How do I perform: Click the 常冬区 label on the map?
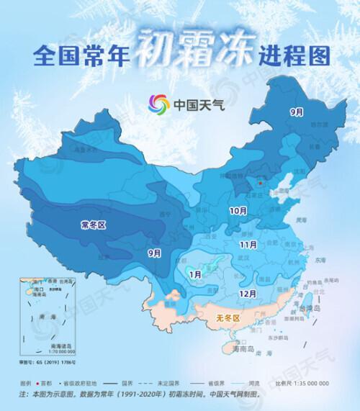point(93,225)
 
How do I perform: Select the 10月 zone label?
point(238,211)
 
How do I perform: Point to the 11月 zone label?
point(249,245)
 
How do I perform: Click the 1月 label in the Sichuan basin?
point(194,274)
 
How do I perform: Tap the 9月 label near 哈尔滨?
point(296,112)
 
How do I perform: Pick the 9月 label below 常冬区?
point(153,253)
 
